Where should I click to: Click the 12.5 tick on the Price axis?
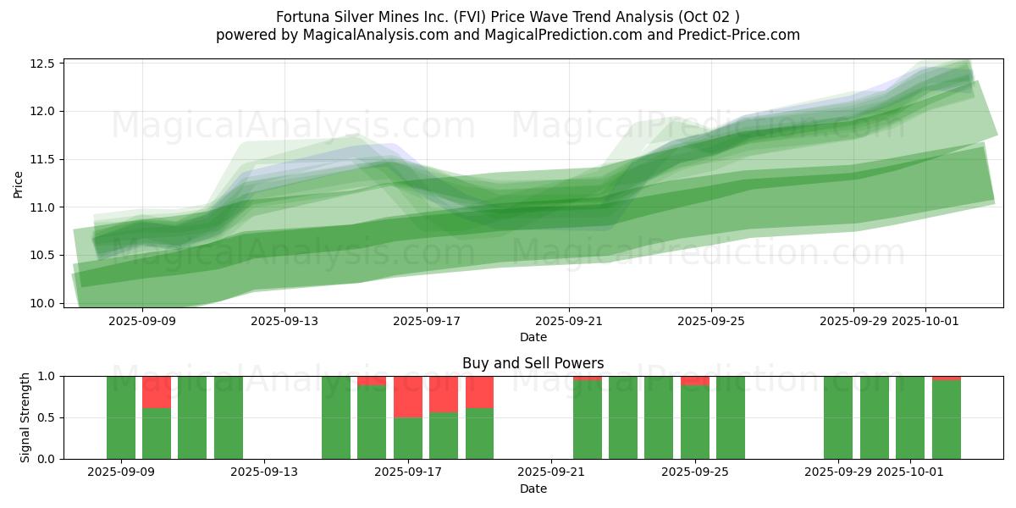41,63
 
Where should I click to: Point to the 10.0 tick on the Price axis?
41,303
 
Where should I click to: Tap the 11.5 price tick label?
41,159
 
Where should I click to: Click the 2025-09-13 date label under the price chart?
284,322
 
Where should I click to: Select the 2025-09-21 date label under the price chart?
569,322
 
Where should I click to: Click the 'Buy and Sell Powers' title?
533,363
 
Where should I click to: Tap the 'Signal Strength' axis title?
25,417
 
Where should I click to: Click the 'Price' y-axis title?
19,183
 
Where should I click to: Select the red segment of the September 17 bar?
408,396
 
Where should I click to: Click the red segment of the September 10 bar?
157,392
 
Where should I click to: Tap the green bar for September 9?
121,417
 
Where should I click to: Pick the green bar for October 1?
910,417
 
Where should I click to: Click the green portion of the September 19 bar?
479,433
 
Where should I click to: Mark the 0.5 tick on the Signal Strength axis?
47,417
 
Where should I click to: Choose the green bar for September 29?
838,417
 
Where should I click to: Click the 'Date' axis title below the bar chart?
533,489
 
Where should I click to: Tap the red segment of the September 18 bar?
444,394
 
